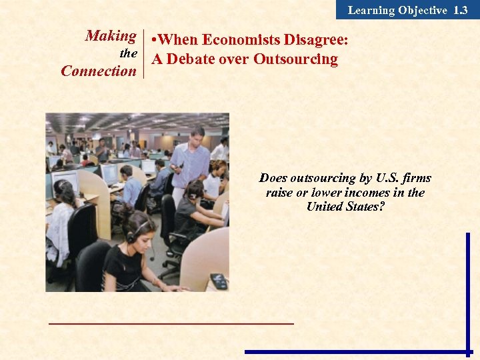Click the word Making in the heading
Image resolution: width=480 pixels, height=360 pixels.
pos(111,36)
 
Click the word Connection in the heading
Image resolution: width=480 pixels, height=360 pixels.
pos(98,71)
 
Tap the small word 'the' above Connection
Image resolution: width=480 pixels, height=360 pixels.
pos(128,53)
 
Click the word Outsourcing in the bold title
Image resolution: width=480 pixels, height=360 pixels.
pos(295,59)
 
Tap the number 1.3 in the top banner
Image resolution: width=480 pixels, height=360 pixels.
pos(460,10)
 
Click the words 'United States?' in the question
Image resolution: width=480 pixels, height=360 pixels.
pos(345,207)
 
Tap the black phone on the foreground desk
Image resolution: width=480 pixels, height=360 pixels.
pos(219,281)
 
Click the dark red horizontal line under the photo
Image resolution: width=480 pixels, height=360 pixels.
pos(171,323)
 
